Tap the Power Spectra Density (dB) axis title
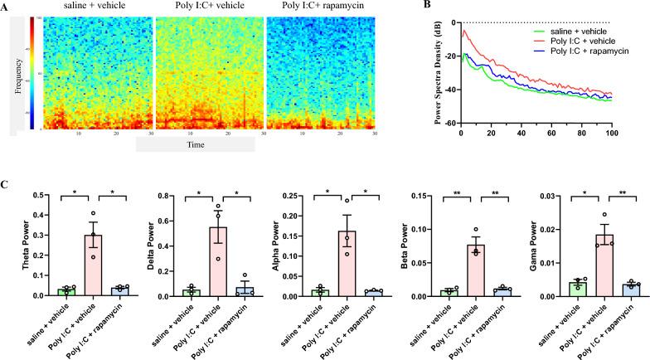point(429,73)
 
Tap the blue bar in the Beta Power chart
point(463,291)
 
